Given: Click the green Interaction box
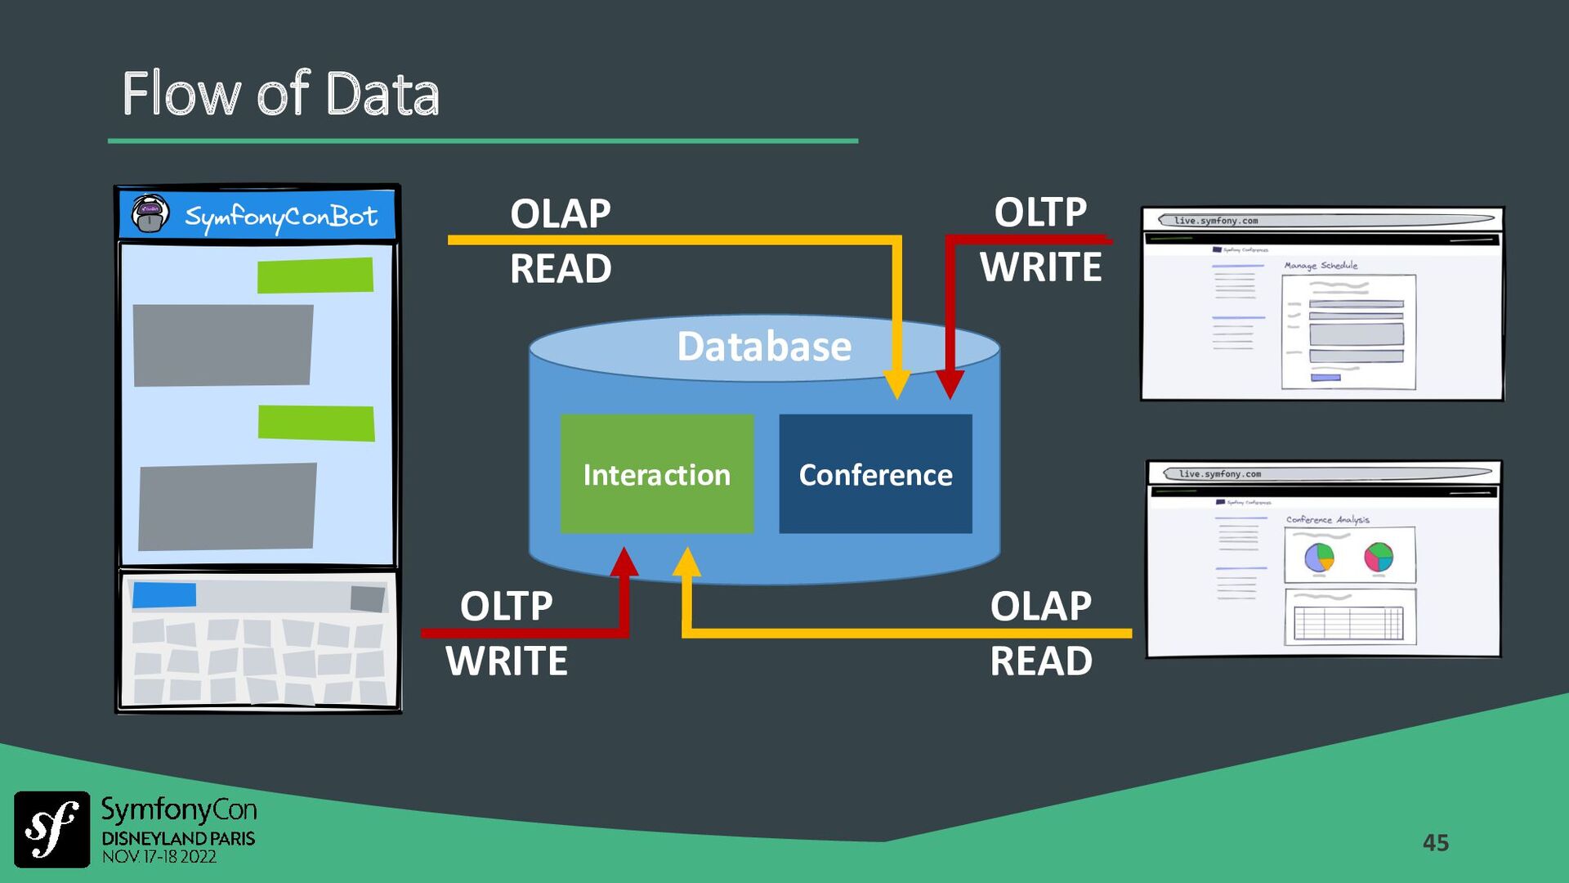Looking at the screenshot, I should point(657,474).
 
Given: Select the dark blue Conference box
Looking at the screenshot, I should point(875,474).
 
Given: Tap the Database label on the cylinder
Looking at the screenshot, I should point(764,347).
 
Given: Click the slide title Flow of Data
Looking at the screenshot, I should point(280,94).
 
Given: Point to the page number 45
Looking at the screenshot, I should point(1435,843).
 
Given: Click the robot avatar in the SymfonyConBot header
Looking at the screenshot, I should point(150,214).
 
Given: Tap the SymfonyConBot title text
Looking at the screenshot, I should point(280,217).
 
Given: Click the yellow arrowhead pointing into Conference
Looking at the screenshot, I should point(896,384).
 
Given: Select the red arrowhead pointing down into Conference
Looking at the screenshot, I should point(950,384).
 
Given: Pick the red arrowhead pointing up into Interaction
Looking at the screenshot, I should point(624,563).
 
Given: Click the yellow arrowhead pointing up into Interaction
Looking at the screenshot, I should point(686,563).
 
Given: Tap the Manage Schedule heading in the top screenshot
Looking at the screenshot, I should point(1321,266).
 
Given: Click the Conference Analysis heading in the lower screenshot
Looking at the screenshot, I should point(1327,520).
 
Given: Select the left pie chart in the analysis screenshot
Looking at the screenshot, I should point(1319,558).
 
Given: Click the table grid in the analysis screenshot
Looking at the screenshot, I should point(1348,624).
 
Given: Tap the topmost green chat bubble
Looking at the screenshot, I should point(315,276).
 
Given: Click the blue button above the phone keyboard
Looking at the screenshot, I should point(164,595).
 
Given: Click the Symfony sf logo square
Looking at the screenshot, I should point(52,829).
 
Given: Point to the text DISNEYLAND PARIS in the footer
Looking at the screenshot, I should point(178,839).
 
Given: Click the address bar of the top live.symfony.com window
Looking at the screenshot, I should point(1327,220).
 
